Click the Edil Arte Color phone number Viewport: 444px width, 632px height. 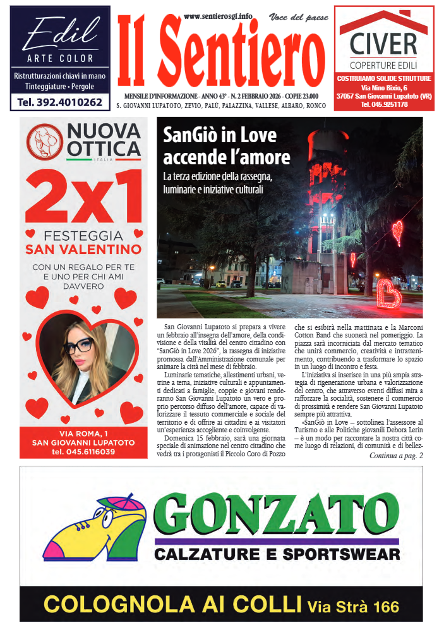[x=60, y=102]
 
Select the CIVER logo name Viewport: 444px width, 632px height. [x=383, y=45]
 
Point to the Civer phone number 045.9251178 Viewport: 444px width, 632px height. [x=384, y=104]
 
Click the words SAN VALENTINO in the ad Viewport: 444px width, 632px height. [x=83, y=249]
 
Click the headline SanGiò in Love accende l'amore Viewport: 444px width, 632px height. [x=226, y=146]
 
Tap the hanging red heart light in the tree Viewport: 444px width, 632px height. [x=397, y=232]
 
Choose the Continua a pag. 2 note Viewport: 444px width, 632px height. [x=396, y=456]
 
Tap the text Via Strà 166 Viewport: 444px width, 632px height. [x=354, y=607]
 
